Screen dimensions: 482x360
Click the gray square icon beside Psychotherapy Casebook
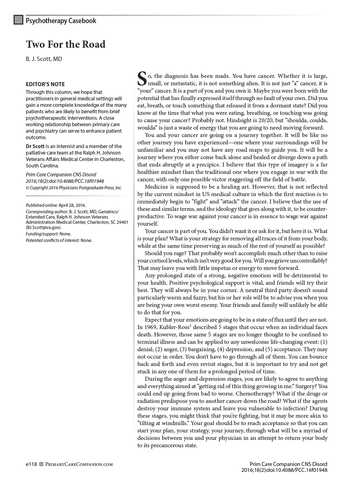pyautogui.click(x=18, y=20)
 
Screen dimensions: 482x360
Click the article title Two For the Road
pyautogui.click(x=66, y=44)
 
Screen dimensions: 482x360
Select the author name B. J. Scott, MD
pyautogui.click(x=44, y=59)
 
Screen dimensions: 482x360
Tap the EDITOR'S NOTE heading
pyautogui.click(x=45, y=84)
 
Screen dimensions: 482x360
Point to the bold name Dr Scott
pyautogui.click(x=35, y=146)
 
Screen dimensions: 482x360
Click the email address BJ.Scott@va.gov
pyautogui.click(x=44, y=227)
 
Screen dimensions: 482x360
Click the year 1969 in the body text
pyautogui.click(x=151, y=327)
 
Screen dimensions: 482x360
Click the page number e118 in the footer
pyautogui.click(x=31, y=464)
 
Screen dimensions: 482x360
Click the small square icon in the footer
pyautogui.click(x=42, y=464)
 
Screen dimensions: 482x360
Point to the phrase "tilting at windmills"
pyautogui.click(x=163, y=423)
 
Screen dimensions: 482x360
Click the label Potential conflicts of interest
pyautogui.click(x=53, y=240)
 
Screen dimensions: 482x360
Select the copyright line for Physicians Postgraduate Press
pyautogui.click(x=74, y=188)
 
